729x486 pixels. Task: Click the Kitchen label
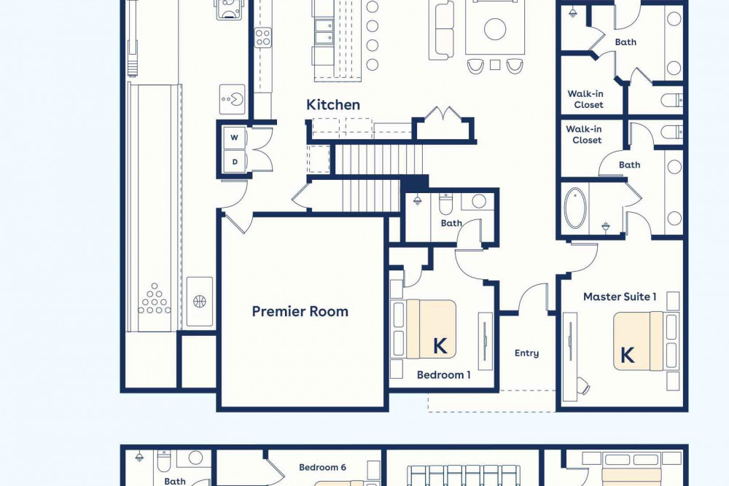[x=333, y=104]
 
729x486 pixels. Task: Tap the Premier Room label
[x=300, y=311]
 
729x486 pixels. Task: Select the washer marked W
[x=235, y=138]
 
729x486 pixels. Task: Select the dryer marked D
[x=235, y=162]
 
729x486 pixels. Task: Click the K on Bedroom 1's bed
[x=440, y=346]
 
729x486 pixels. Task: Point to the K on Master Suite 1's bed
[x=627, y=355]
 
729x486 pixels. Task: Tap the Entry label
[x=527, y=353]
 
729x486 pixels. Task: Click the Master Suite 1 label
[x=620, y=297]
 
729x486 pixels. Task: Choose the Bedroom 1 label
[x=443, y=375]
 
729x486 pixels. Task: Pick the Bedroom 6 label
[x=322, y=467]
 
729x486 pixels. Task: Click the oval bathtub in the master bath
[x=576, y=208]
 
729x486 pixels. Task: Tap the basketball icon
[x=200, y=302]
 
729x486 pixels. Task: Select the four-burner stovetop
[x=262, y=37]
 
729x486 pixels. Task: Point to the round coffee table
[x=495, y=29]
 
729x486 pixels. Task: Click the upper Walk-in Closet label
[x=586, y=99]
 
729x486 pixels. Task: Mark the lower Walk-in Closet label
[x=585, y=134]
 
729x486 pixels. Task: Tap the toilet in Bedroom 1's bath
[x=445, y=203]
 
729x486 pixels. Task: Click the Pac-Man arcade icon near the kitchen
[x=232, y=99]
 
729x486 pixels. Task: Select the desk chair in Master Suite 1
[x=583, y=385]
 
